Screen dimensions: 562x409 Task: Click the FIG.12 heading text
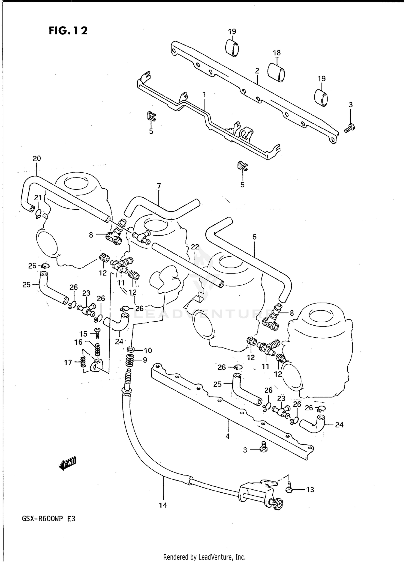coord(68,30)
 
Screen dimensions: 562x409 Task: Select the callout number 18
coord(276,53)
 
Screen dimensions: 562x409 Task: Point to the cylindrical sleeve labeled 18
coord(276,72)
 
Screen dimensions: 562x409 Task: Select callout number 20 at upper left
coord(37,158)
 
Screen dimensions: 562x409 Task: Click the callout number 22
coord(195,247)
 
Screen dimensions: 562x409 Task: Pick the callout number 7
coord(159,186)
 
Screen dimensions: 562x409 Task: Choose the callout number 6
coord(254,237)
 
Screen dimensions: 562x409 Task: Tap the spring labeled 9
coord(131,361)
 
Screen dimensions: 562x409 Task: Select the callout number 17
coord(68,362)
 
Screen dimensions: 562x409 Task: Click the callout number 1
coord(204,95)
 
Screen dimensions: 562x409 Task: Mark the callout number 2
coord(257,71)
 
